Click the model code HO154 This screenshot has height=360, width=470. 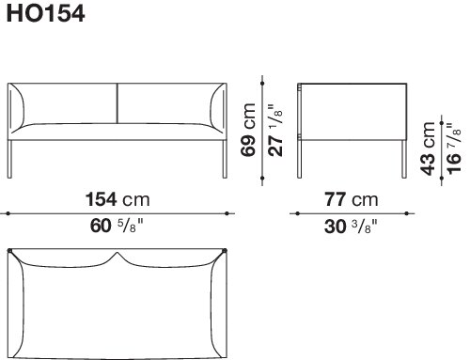[x=45, y=14]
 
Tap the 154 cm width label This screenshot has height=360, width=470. [x=117, y=199]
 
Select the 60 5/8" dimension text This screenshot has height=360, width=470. [x=117, y=226]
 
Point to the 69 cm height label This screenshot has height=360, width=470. [x=248, y=130]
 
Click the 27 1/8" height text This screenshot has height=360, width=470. [x=275, y=131]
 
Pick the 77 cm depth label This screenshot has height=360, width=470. [x=352, y=199]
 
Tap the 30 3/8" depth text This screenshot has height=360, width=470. [x=351, y=226]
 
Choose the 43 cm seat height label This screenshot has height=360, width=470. [x=428, y=149]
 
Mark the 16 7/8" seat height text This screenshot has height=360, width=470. [x=454, y=148]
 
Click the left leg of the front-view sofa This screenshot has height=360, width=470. [x=9, y=159]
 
